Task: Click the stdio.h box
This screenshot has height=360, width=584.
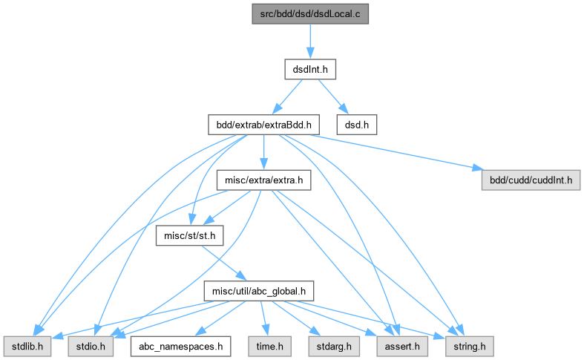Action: (91, 345)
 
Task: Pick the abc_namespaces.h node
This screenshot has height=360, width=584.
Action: (180, 345)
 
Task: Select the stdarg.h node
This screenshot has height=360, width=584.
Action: (325, 345)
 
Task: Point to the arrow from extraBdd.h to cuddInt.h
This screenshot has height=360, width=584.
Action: (393, 151)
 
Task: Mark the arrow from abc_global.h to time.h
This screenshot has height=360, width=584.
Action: (263, 318)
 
